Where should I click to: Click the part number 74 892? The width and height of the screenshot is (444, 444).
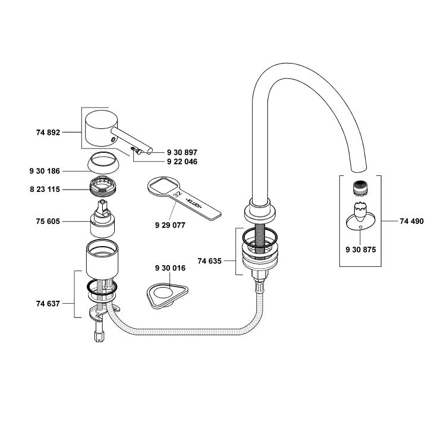pyautogui.click(x=48, y=132)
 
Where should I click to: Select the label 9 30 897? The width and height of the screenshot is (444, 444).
pyautogui.click(x=182, y=152)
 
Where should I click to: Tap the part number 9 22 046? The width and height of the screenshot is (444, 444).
pyautogui.click(x=182, y=162)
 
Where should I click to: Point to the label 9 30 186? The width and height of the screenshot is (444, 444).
pyautogui.click(x=45, y=171)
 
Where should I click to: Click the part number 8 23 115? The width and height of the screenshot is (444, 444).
pyautogui.click(x=45, y=190)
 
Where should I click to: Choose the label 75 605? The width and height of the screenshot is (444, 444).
pyautogui.click(x=48, y=221)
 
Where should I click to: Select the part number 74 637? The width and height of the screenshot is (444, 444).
pyautogui.click(x=48, y=304)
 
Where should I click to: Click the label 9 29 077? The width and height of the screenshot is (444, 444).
pyautogui.click(x=170, y=225)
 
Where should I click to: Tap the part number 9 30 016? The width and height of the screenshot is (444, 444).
pyautogui.click(x=170, y=268)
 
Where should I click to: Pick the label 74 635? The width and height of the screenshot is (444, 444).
pyautogui.click(x=210, y=261)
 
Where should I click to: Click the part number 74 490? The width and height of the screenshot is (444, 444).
pyautogui.click(x=412, y=221)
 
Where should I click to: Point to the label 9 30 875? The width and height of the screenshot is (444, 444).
pyautogui.click(x=361, y=250)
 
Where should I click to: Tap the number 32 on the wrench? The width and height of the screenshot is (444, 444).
pyautogui.click(x=178, y=194)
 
